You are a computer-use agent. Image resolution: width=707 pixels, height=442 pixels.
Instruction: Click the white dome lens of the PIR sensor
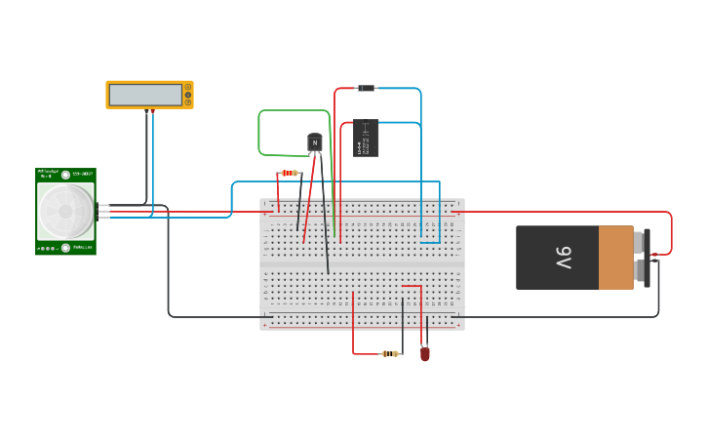(65, 206)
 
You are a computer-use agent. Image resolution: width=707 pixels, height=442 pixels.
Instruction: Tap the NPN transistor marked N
(314, 142)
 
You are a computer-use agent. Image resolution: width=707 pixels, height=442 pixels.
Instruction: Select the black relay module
(366, 138)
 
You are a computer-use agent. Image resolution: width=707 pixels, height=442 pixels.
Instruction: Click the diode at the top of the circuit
(367, 89)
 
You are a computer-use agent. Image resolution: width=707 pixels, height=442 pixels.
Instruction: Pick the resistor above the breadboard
(290, 173)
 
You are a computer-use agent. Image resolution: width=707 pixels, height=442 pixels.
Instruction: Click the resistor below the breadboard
(391, 353)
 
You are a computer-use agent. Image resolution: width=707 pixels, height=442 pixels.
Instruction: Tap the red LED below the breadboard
(425, 354)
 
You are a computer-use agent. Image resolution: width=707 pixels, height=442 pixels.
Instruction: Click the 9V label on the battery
(563, 258)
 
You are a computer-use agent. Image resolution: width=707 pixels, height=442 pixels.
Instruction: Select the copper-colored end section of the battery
(615, 258)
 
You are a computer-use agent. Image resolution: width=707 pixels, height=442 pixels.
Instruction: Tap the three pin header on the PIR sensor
(102, 211)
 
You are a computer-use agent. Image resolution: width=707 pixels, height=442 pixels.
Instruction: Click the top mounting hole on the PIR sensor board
(65, 175)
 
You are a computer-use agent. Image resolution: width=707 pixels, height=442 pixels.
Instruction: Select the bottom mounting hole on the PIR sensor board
(65, 248)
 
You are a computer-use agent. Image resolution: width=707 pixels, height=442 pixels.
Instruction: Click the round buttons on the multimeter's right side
(188, 95)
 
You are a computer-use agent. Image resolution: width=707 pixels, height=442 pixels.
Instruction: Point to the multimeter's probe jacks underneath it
(149, 111)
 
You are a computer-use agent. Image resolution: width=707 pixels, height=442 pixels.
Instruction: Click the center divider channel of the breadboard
(362, 264)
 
